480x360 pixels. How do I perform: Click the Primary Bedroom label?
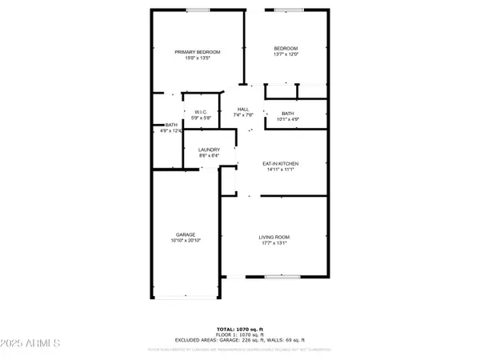(x=198, y=52)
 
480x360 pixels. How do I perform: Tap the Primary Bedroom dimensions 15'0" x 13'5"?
(x=198, y=58)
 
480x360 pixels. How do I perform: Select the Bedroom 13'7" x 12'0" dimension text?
(x=286, y=54)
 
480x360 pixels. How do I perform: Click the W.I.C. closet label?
(x=196, y=112)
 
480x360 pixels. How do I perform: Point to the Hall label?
(x=244, y=109)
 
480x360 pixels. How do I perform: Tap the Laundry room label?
(x=210, y=150)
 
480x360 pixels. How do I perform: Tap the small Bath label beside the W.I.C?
(x=171, y=125)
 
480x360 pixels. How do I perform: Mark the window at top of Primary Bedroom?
(x=198, y=10)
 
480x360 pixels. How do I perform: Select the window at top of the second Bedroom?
(x=286, y=10)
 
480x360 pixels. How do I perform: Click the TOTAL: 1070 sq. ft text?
(x=239, y=329)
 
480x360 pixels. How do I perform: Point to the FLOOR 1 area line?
(x=239, y=334)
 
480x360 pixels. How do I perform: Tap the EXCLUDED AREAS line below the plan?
(x=239, y=340)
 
